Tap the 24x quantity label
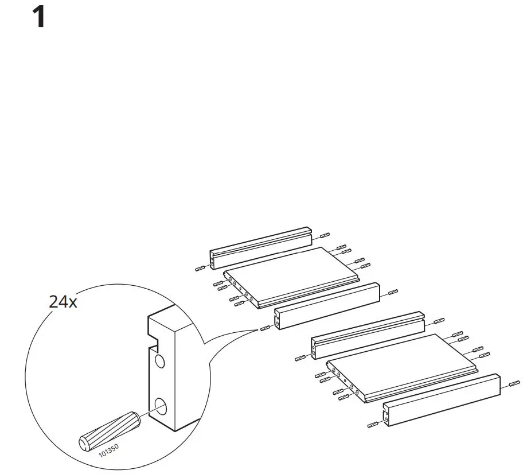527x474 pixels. (63, 302)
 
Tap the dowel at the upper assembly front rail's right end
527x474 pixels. (393, 292)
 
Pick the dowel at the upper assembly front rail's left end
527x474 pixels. (264, 328)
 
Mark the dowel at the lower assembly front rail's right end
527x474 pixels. (514, 383)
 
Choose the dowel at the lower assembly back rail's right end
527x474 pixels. (439, 320)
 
